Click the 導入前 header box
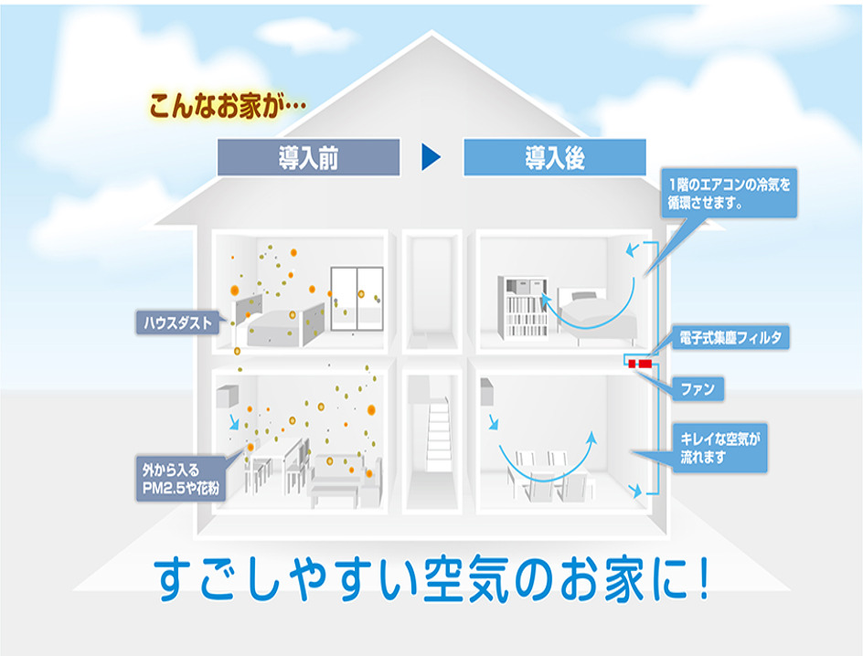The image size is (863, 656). pos(308,157)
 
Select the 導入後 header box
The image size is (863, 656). pos(554,157)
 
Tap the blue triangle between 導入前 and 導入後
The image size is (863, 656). pos(431,157)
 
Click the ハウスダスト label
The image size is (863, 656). pos(178,322)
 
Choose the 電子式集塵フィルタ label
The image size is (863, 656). pos(728,338)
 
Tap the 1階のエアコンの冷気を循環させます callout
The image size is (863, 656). pos(730,192)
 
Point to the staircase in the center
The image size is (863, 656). pos(438,433)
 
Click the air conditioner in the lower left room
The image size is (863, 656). pos(227,396)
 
